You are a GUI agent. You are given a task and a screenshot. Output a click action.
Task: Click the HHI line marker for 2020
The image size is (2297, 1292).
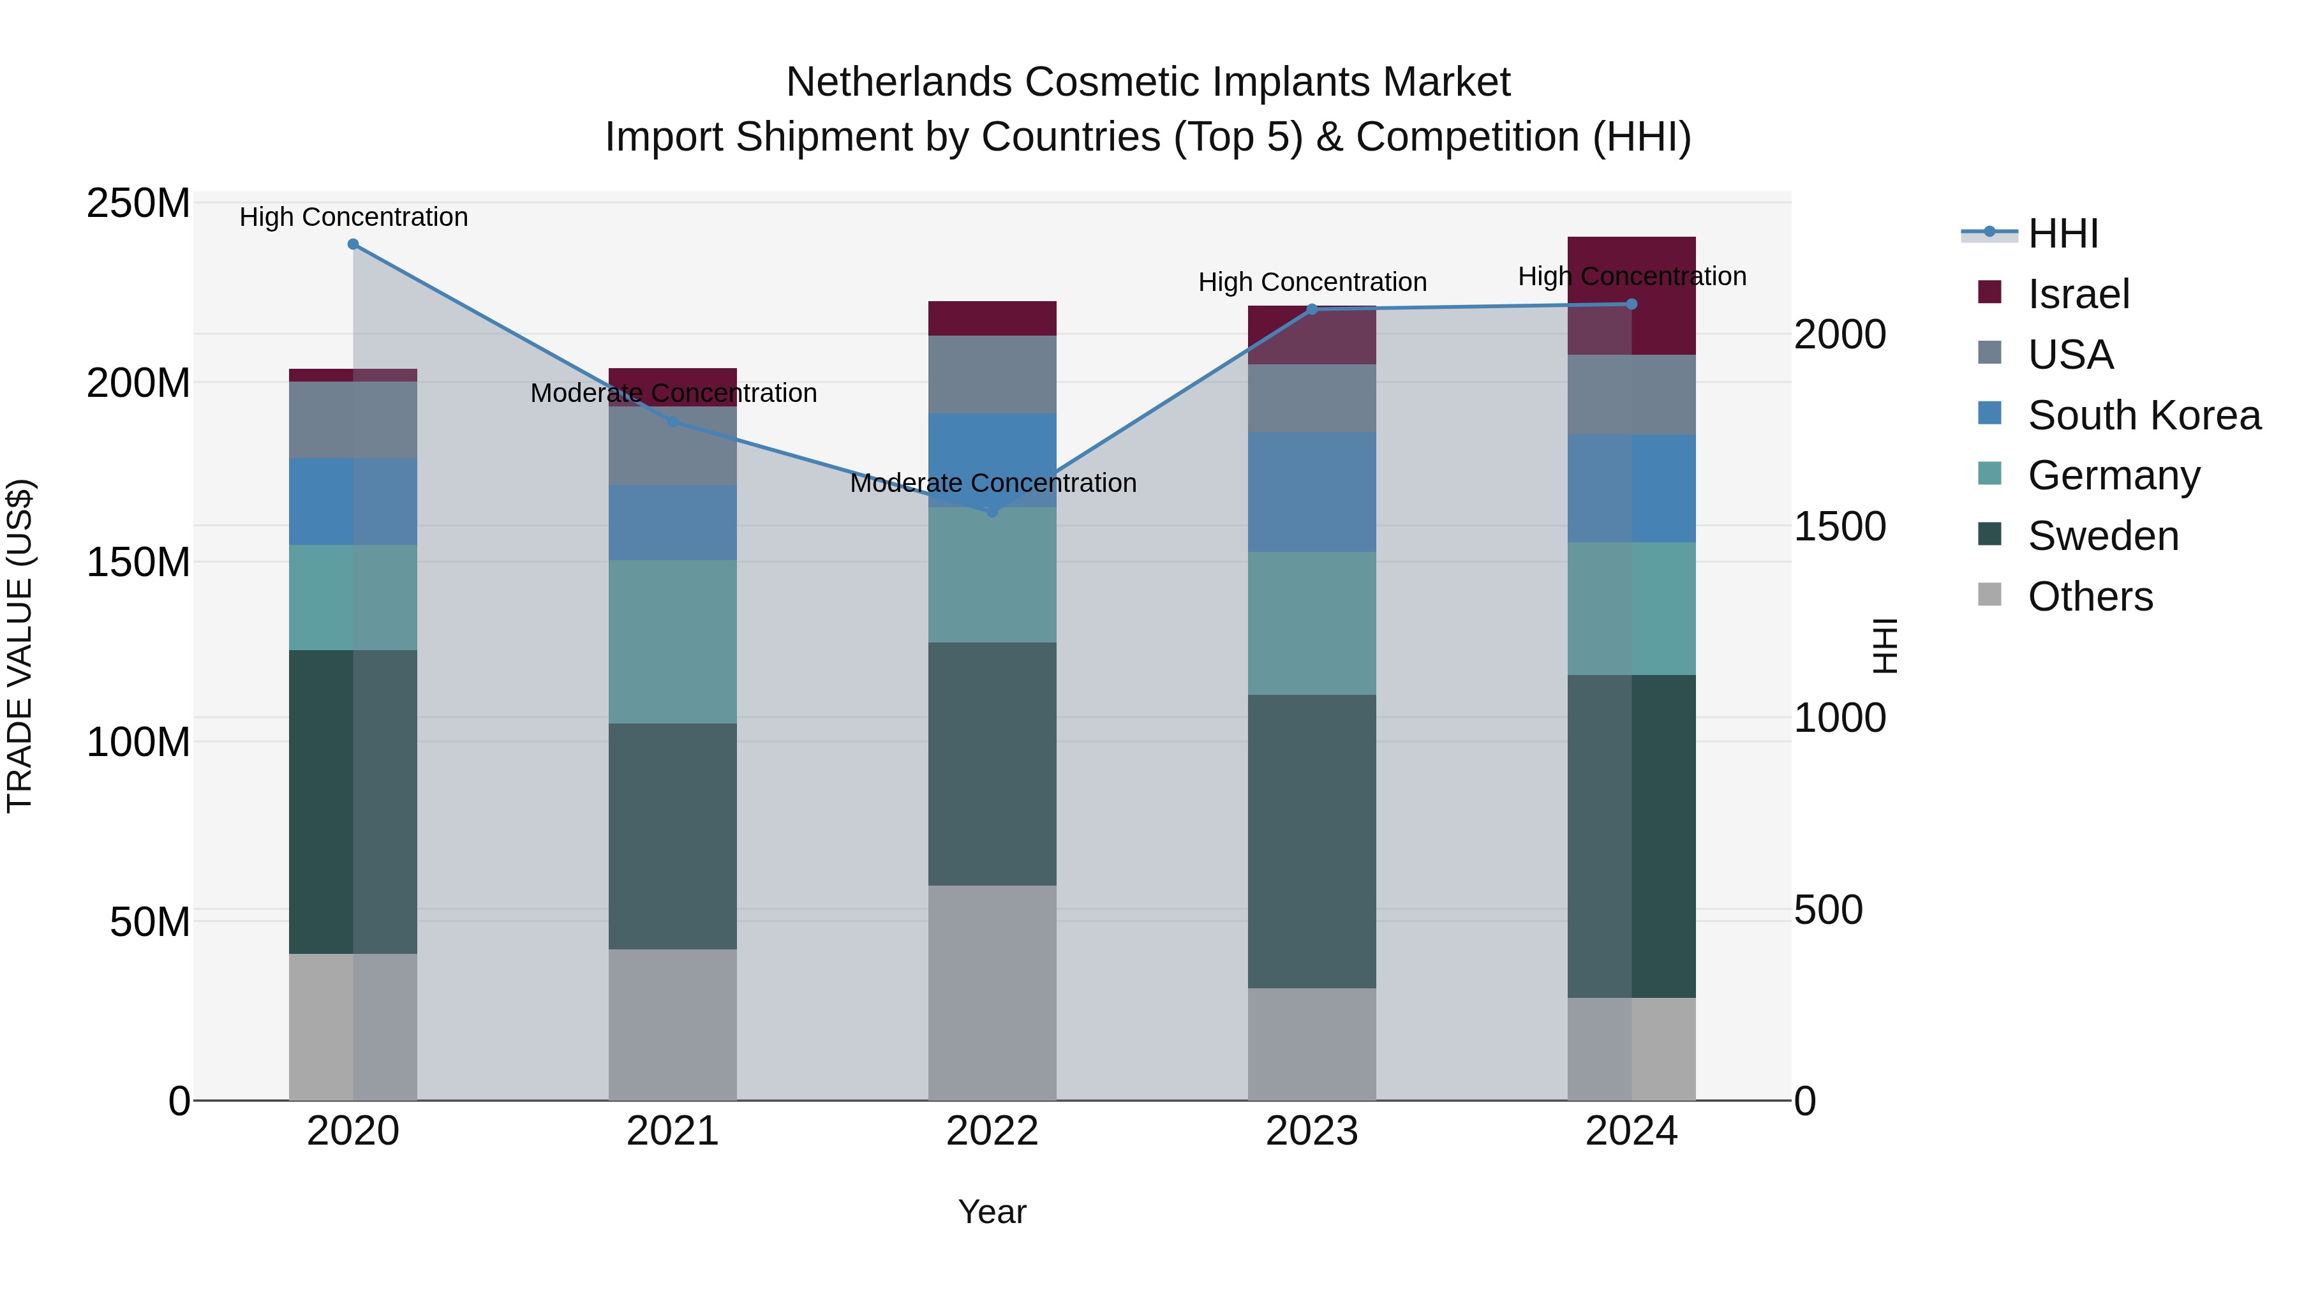353,244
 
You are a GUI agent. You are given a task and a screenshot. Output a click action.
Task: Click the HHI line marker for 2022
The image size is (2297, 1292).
992,512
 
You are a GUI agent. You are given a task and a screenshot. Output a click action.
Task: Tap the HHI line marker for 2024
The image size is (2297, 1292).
1632,304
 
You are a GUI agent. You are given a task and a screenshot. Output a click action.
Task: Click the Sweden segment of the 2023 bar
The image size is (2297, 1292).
1312,841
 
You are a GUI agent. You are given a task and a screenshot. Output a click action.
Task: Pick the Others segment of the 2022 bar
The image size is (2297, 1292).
992,992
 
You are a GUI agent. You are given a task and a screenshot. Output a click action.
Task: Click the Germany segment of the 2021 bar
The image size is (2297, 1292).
673,642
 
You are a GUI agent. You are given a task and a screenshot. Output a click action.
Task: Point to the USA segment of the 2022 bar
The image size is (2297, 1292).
992,375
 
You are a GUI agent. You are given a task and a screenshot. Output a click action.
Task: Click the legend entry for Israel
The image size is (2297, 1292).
2078,294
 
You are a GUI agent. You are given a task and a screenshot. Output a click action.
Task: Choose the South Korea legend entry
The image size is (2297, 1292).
2144,415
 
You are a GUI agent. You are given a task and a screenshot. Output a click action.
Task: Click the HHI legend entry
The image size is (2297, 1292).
2062,234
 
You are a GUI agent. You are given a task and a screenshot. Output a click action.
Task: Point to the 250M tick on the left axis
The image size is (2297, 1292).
138,204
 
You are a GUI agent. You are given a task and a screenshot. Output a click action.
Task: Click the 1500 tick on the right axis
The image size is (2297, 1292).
1839,526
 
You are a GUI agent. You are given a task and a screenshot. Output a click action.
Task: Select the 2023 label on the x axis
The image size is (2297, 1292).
1312,1131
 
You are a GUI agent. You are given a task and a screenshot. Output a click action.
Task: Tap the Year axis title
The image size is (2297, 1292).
992,1212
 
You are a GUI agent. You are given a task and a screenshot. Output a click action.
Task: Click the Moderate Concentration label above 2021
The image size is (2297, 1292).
673,393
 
